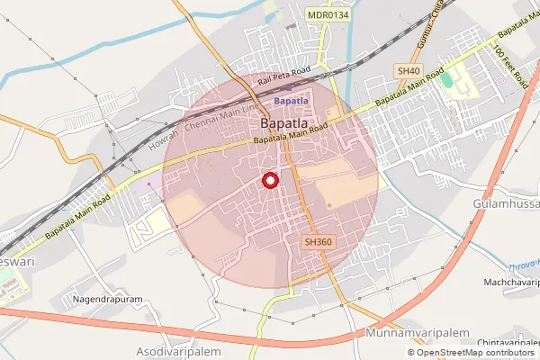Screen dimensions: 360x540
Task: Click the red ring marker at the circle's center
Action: [269, 181]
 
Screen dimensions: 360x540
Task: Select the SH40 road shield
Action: [408, 70]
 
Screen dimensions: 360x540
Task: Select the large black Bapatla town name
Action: [288, 122]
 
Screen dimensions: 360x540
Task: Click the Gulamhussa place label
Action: [505, 204]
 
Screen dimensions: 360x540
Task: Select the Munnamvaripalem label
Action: [419, 333]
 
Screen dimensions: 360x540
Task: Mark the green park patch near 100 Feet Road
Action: [446, 79]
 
